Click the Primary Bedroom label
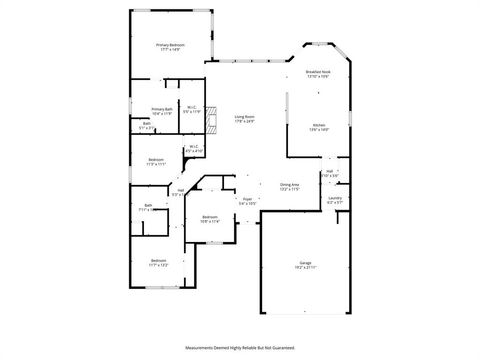[x=170, y=45]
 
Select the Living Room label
[x=244, y=117]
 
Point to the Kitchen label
[x=318, y=124]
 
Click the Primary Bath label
[x=162, y=109]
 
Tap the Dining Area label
[x=290, y=184]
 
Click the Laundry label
[x=334, y=198]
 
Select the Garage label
[x=305, y=263]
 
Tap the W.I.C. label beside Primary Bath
[x=191, y=108]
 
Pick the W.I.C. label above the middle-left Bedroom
[x=194, y=147]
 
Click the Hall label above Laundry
[x=330, y=171]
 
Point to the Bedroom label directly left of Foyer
[x=209, y=217]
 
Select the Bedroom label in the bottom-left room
[x=158, y=260]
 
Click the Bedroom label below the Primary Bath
[x=156, y=159]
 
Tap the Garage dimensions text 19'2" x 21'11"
[x=305, y=268]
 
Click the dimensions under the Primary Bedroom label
[x=170, y=50]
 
